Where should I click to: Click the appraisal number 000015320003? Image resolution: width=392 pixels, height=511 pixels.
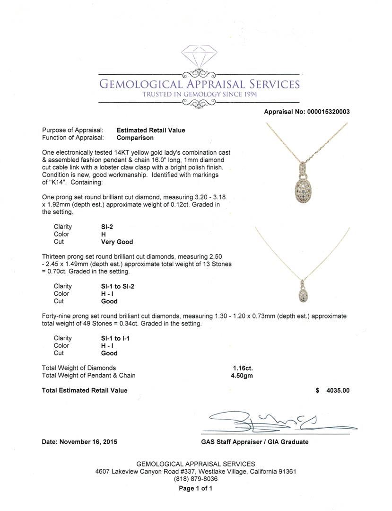327,112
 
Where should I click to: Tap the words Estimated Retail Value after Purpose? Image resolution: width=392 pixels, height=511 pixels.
151,130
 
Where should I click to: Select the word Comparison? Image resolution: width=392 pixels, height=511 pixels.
135,138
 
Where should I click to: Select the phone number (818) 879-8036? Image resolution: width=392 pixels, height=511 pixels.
196,479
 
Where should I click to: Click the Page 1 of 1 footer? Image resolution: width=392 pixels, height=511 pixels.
196,489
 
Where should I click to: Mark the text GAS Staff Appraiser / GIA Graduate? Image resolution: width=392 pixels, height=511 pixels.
254,442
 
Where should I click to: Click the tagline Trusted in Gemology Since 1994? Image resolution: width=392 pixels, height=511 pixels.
200,94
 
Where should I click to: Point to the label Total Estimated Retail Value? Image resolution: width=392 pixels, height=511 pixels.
85,390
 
